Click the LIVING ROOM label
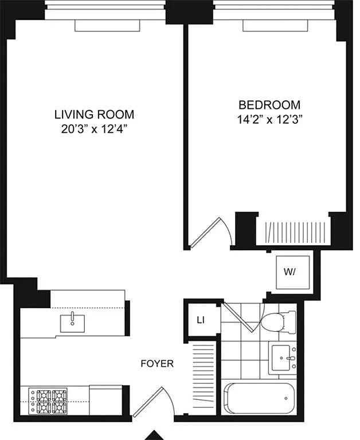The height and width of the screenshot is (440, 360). tap(94, 115)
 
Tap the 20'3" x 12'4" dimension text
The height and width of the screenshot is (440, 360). tap(94, 129)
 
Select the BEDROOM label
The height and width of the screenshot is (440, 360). tap(269, 105)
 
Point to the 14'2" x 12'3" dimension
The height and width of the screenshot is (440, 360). tap(269, 120)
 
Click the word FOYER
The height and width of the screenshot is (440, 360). tap(157, 364)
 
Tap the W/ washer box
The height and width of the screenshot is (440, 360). tap(293, 272)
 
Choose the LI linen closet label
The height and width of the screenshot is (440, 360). tap(201, 320)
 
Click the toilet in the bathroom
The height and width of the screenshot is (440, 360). tap(278, 321)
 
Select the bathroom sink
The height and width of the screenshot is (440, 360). tap(283, 357)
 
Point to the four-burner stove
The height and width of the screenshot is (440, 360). tap(48, 401)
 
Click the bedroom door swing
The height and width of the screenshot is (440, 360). tap(211, 233)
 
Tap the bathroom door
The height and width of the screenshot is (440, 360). tap(243, 316)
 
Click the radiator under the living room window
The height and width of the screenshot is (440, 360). tap(107, 26)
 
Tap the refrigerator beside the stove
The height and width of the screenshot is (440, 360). tap(105, 400)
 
